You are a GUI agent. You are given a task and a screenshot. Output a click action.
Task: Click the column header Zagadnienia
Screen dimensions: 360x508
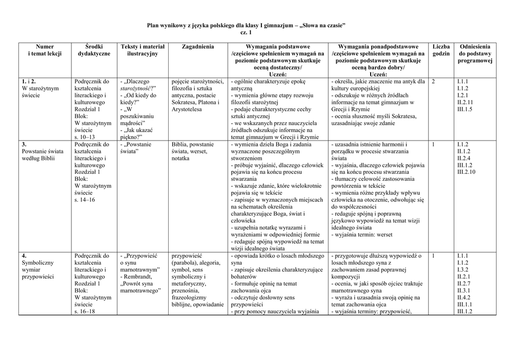[198, 47]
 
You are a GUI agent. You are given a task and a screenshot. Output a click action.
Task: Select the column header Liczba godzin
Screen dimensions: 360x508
[441, 50]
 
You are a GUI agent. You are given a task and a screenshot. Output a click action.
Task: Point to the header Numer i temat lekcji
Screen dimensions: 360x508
[45, 50]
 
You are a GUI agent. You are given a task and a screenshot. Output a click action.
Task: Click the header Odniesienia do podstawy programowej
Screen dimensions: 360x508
[475, 54]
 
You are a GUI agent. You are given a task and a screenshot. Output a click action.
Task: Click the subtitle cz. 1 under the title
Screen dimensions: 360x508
[246, 32]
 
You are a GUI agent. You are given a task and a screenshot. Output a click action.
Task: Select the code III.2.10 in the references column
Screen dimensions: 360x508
[466, 172]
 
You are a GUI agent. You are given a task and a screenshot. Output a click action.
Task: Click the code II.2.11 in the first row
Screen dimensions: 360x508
[465, 102]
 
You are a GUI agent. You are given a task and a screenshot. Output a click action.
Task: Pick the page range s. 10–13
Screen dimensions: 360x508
[85, 137]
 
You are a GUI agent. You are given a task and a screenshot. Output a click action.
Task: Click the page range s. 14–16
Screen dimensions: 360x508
[85, 200]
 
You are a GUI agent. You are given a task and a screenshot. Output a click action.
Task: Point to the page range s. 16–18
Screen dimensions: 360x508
[85, 311]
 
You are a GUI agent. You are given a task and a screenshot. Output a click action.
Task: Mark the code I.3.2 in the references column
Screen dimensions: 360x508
[462, 270]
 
